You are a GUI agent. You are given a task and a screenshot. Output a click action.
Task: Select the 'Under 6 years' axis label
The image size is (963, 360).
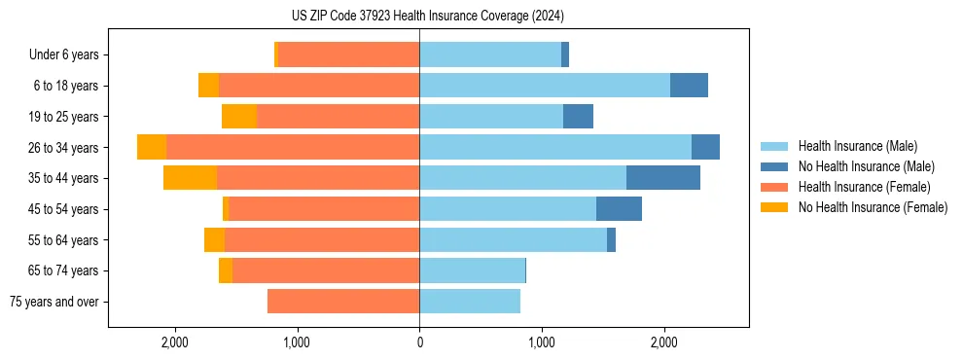[x=70, y=55]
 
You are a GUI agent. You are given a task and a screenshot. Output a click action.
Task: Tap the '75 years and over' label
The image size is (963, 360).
[x=56, y=302]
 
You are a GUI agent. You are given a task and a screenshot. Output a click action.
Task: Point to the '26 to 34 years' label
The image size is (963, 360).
[x=65, y=148]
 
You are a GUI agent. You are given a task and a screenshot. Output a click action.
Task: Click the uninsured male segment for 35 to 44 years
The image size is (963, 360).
[x=662, y=178]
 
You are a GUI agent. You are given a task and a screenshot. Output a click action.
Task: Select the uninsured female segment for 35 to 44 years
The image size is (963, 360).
[x=190, y=178]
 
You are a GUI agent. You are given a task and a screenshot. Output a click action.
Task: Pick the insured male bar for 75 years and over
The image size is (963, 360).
[x=469, y=302]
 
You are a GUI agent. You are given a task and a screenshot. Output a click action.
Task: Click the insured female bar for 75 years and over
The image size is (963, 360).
[x=343, y=302]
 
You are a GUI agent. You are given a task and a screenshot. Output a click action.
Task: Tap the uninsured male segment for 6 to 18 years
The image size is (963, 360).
[x=689, y=86]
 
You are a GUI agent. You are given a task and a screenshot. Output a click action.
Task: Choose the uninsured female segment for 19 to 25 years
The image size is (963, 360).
[x=238, y=117]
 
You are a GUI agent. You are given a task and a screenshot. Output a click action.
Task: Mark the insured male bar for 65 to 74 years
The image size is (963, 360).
[x=472, y=270]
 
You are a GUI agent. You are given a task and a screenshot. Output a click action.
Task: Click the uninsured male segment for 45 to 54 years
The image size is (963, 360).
[x=619, y=209]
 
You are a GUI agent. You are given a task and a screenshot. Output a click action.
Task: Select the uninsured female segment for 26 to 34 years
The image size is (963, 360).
[x=152, y=147]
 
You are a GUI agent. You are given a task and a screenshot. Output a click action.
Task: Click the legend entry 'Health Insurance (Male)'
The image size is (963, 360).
[x=857, y=146]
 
